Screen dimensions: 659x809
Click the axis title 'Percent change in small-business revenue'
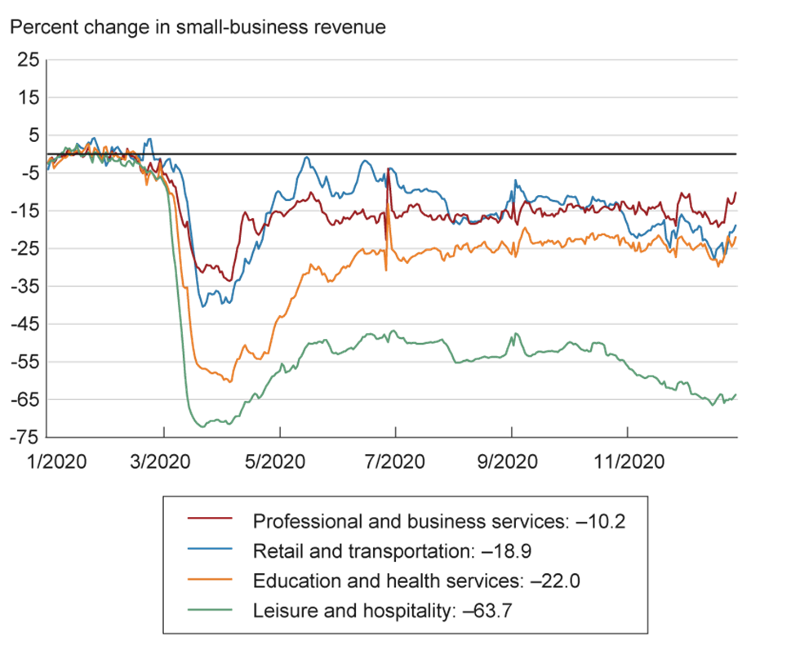pos(198,27)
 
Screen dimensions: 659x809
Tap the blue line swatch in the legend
pos(210,550)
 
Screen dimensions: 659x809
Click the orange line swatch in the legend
pos(210,581)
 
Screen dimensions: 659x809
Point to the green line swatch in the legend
pos(210,611)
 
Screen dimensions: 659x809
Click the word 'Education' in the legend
pos(292,581)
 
